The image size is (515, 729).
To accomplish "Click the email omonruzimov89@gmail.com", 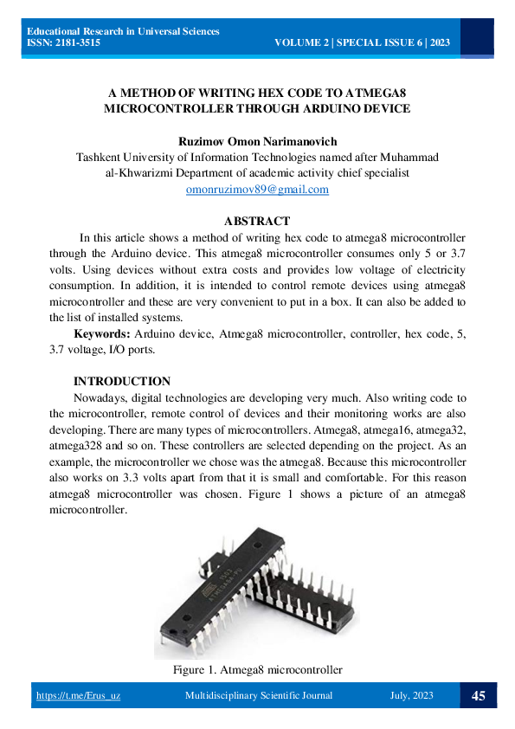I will coord(257,189).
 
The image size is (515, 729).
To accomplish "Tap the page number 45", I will coord(478,695).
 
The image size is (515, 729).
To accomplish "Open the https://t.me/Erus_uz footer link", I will coord(78,696).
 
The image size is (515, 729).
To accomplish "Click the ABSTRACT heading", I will coord(257,222).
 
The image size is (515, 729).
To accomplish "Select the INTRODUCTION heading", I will coord(121,381).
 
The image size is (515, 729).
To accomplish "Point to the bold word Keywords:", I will coord(102,334).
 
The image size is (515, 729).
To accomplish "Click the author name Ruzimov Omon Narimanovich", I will coord(257,141).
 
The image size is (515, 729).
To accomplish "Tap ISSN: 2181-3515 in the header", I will coord(63,42).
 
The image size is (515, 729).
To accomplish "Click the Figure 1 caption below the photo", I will coord(257,669).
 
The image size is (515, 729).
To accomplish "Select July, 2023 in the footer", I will coord(411,696).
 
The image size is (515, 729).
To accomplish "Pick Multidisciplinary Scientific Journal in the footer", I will coord(259,696).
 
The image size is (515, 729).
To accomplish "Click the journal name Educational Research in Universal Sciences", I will coord(123,31).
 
